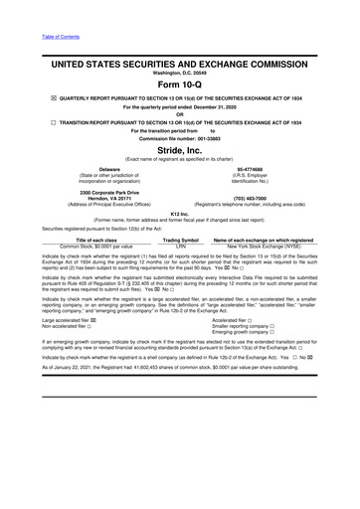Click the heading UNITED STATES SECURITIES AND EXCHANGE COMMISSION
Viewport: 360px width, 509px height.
click(x=179, y=63)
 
